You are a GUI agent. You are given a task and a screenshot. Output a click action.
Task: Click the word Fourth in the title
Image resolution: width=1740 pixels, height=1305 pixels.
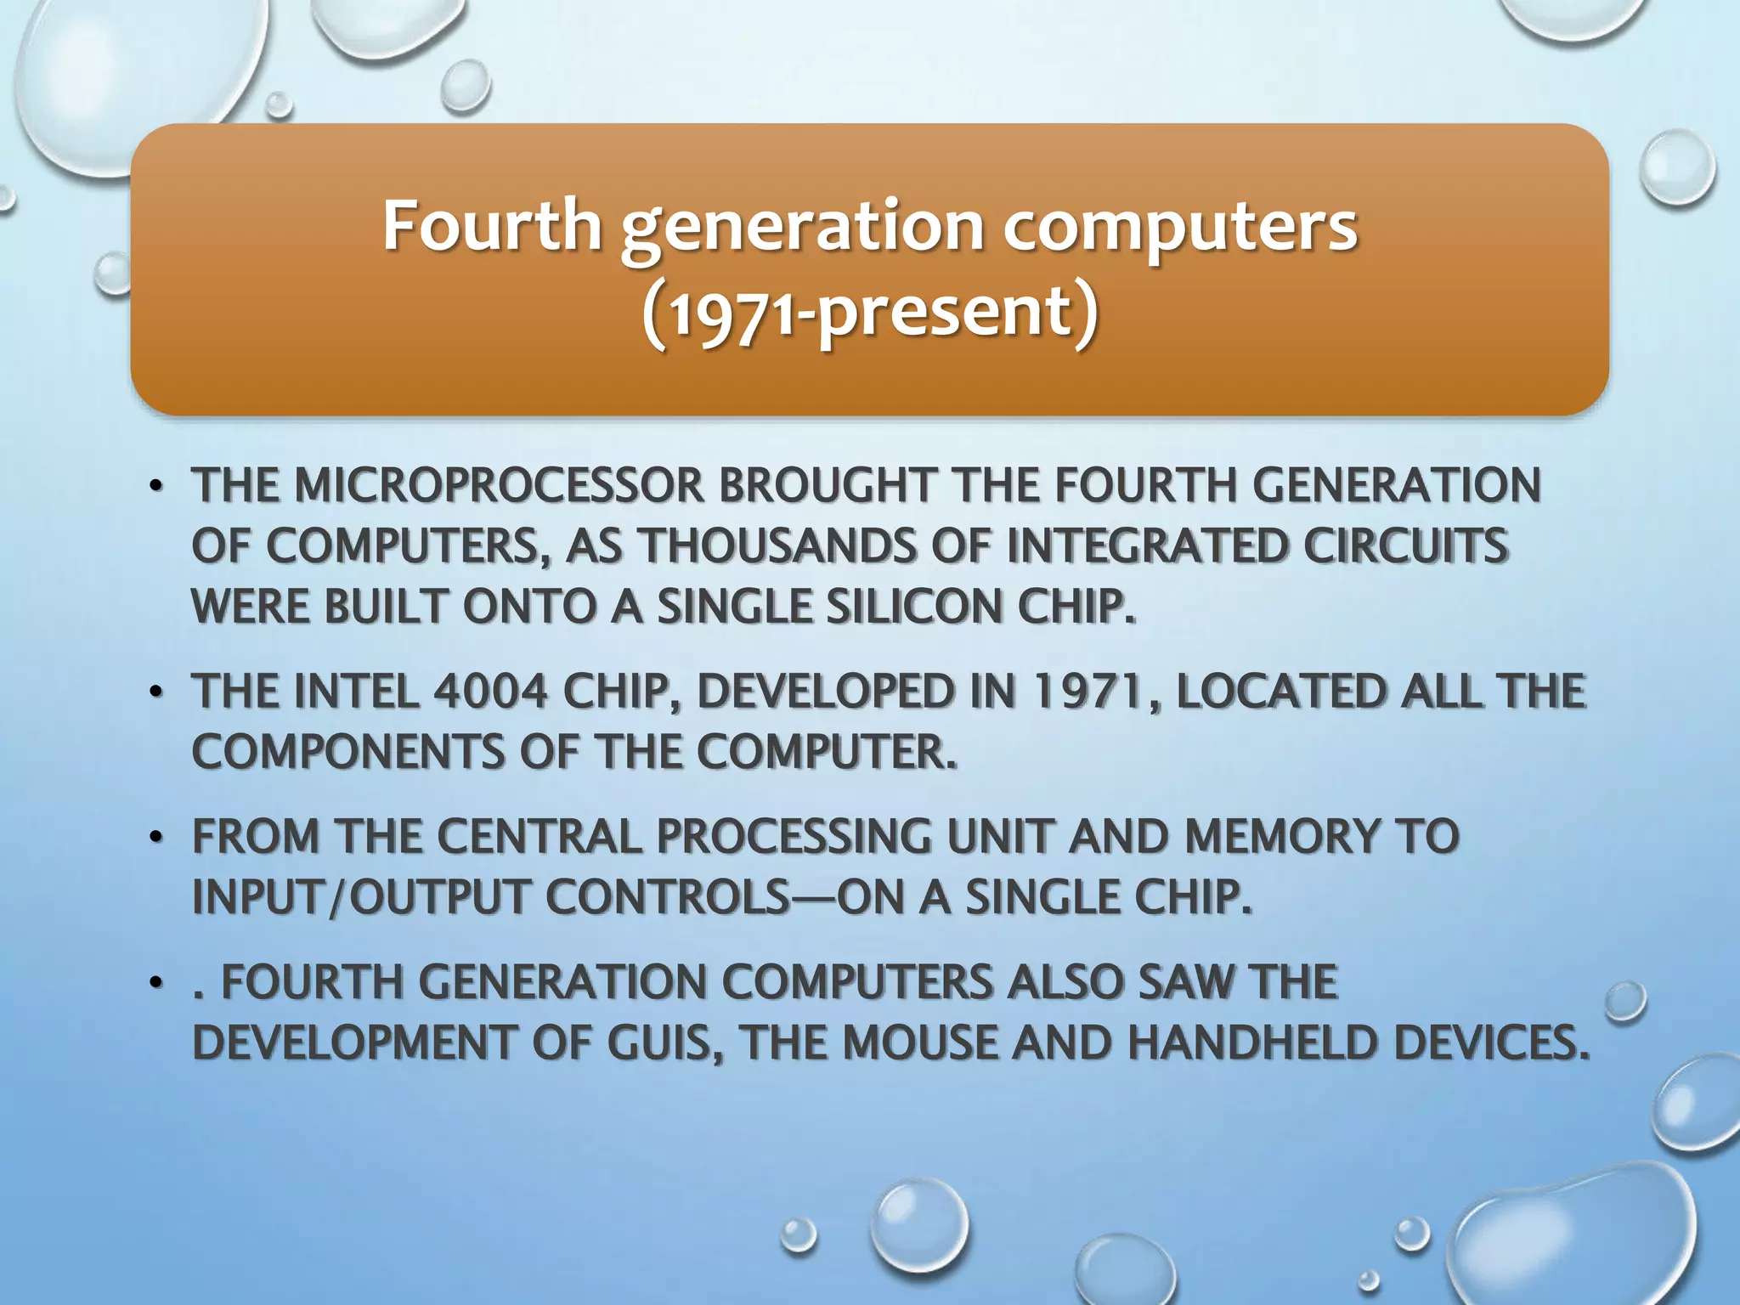[492, 226]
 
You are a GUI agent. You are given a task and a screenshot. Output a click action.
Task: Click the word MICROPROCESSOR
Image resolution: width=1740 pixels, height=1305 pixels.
[499, 486]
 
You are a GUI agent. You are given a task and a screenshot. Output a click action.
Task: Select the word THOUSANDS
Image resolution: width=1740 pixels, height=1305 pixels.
[777, 546]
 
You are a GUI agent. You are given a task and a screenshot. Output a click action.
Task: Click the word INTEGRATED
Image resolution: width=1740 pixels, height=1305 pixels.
[1147, 546]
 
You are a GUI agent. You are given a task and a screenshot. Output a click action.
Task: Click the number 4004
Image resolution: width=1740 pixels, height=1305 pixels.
[490, 691]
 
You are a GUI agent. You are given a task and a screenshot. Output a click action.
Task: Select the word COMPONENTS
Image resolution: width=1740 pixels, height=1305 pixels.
[348, 752]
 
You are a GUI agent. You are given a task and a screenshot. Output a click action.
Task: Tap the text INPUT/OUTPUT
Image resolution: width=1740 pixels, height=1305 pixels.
[362, 897]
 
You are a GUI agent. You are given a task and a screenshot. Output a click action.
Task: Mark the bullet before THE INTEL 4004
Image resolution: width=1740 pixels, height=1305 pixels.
[155, 692]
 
